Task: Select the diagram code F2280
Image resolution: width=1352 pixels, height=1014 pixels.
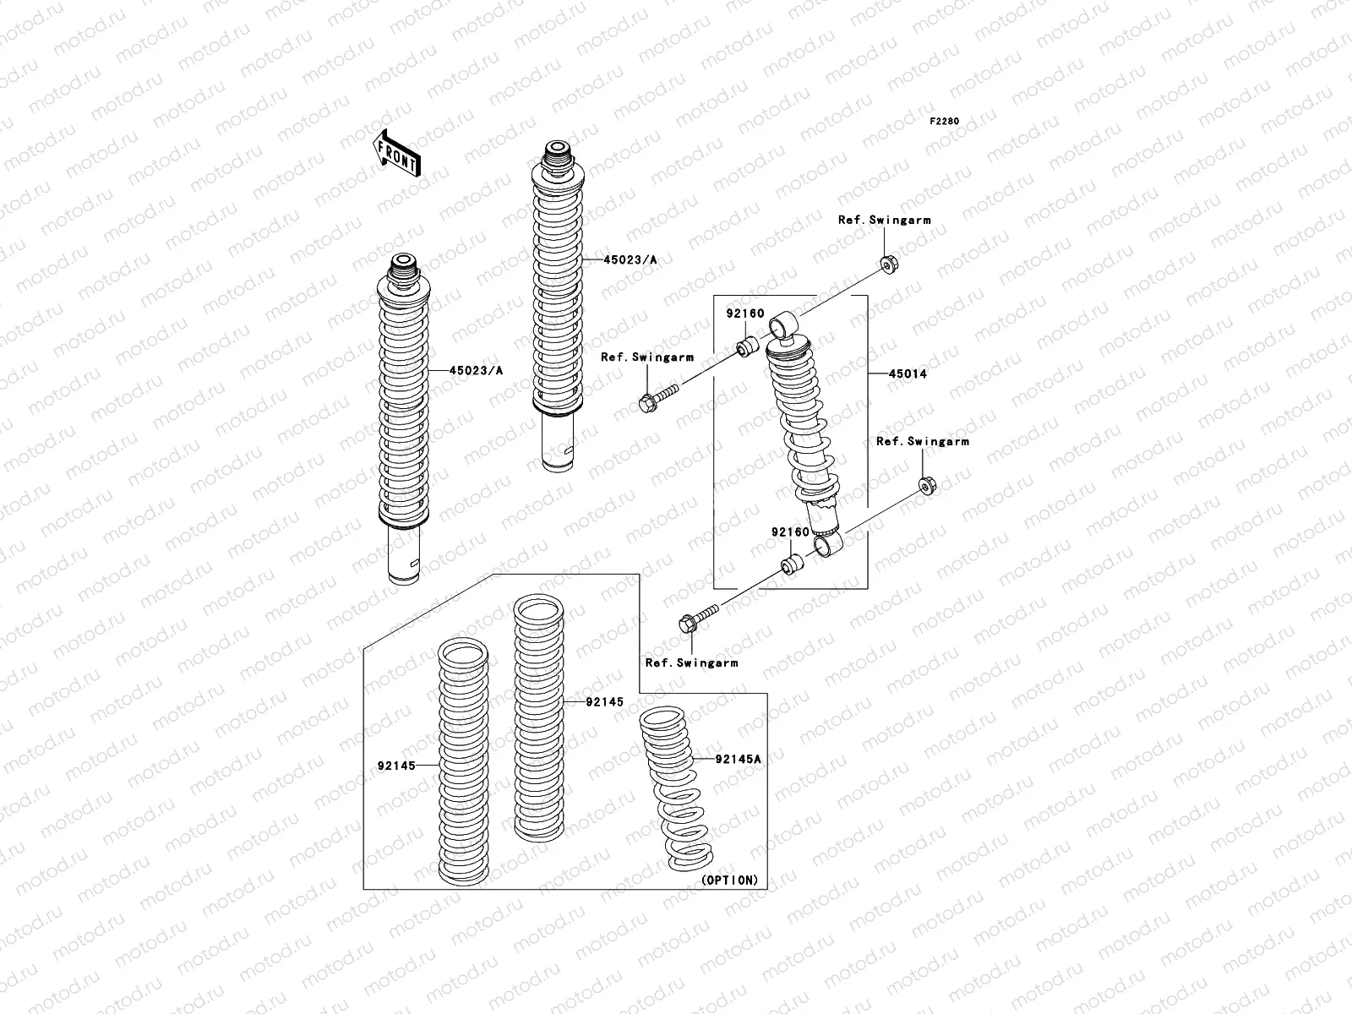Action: (x=945, y=122)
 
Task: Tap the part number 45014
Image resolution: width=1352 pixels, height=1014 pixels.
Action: (x=908, y=373)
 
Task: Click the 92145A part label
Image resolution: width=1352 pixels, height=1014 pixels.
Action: (x=738, y=759)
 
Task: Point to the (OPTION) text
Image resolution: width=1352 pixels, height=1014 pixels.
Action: (x=730, y=880)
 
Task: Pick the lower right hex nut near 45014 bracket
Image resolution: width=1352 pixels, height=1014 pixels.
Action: (x=925, y=488)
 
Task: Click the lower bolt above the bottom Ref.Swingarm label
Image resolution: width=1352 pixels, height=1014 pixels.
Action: (x=698, y=619)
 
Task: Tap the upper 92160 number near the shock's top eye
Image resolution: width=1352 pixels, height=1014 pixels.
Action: (x=744, y=313)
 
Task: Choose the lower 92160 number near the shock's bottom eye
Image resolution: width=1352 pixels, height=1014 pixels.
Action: (x=790, y=532)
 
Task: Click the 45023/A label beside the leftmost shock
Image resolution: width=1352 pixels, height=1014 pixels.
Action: (x=476, y=370)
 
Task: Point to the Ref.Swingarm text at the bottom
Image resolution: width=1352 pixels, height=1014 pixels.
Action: (x=691, y=662)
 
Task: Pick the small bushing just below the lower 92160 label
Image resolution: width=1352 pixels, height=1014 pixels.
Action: (x=790, y=564)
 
